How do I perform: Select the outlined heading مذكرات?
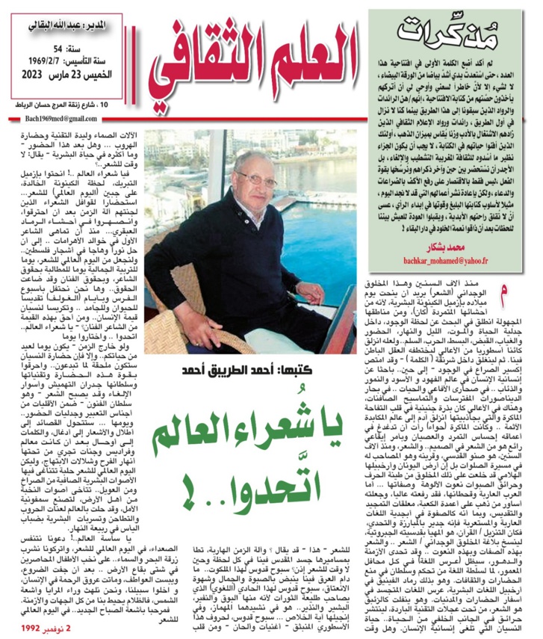coord(437,31)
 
